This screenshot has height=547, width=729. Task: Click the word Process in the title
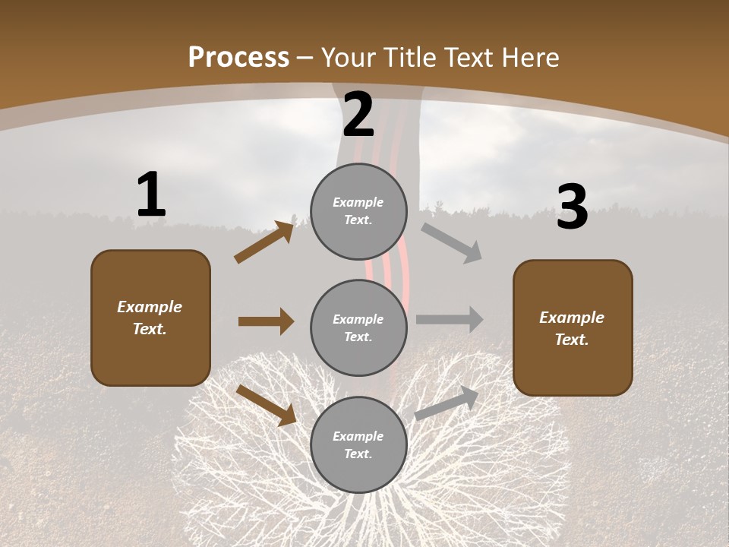[238, 57]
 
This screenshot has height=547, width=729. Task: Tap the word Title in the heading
[408, 57]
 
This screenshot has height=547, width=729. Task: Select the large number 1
[151, 195]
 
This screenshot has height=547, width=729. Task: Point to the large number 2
[358, 115]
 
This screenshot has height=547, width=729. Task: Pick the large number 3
[572, 207]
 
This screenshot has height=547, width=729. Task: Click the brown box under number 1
[150, 318]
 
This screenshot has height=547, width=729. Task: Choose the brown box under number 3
[573, 327]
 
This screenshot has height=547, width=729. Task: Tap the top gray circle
[358, 210]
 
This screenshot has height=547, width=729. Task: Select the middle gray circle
[358, 327]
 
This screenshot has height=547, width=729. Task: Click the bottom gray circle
[358, 444]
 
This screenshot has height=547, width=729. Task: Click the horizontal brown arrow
[266, 321]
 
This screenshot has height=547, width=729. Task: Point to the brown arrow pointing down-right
[266, 405]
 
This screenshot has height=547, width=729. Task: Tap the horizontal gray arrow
[450, 319]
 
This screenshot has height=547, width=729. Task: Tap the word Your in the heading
[348, 57]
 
